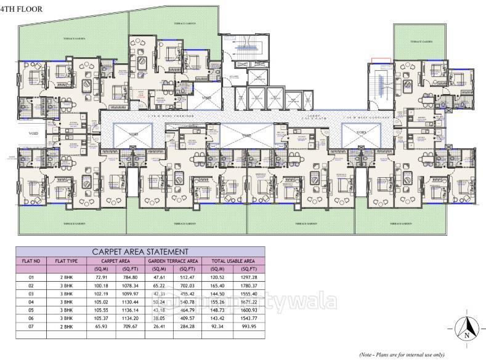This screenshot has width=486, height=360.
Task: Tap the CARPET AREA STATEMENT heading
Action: click(140, 252)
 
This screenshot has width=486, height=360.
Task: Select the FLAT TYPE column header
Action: click(66, 261)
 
